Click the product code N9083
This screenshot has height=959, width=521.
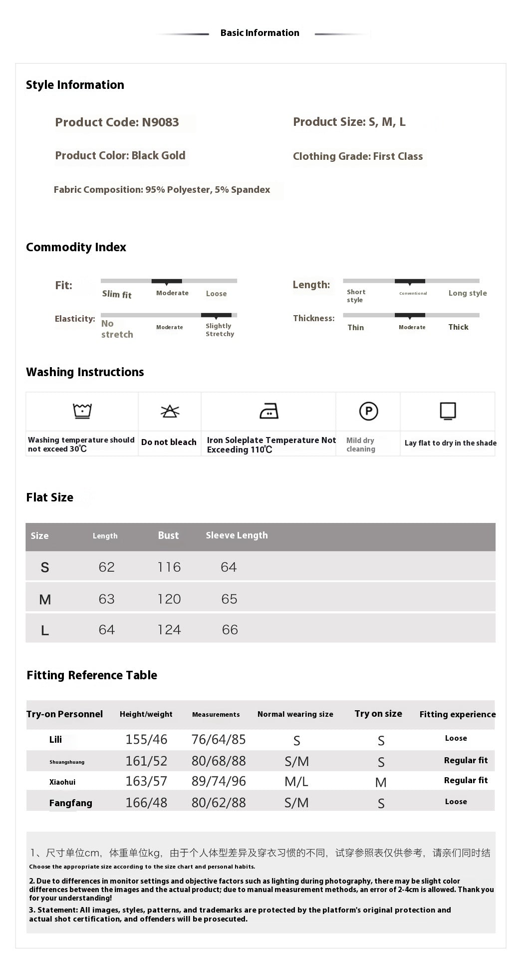160,122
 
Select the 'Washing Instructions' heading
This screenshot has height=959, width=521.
85,372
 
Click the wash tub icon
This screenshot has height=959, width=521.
82,411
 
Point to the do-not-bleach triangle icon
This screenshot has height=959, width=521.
170,411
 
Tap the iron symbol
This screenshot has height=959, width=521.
269,411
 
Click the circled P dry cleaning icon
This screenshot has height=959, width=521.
368,411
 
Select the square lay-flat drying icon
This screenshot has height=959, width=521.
448,411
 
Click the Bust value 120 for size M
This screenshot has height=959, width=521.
169,599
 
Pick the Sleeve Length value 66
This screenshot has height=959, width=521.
230,630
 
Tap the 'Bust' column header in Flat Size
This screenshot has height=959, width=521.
168,535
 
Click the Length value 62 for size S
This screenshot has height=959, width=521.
107,567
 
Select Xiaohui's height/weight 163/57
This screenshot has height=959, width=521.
146,781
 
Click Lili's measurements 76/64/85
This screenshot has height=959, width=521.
219,739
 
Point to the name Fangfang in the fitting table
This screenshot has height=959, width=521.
70,803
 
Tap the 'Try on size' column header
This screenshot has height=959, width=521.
378,714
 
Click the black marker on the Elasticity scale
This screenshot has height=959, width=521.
216,316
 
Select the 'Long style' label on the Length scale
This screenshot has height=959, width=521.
468,293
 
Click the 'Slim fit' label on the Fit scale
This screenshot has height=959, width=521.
117,294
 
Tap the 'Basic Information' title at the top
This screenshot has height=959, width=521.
260,33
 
